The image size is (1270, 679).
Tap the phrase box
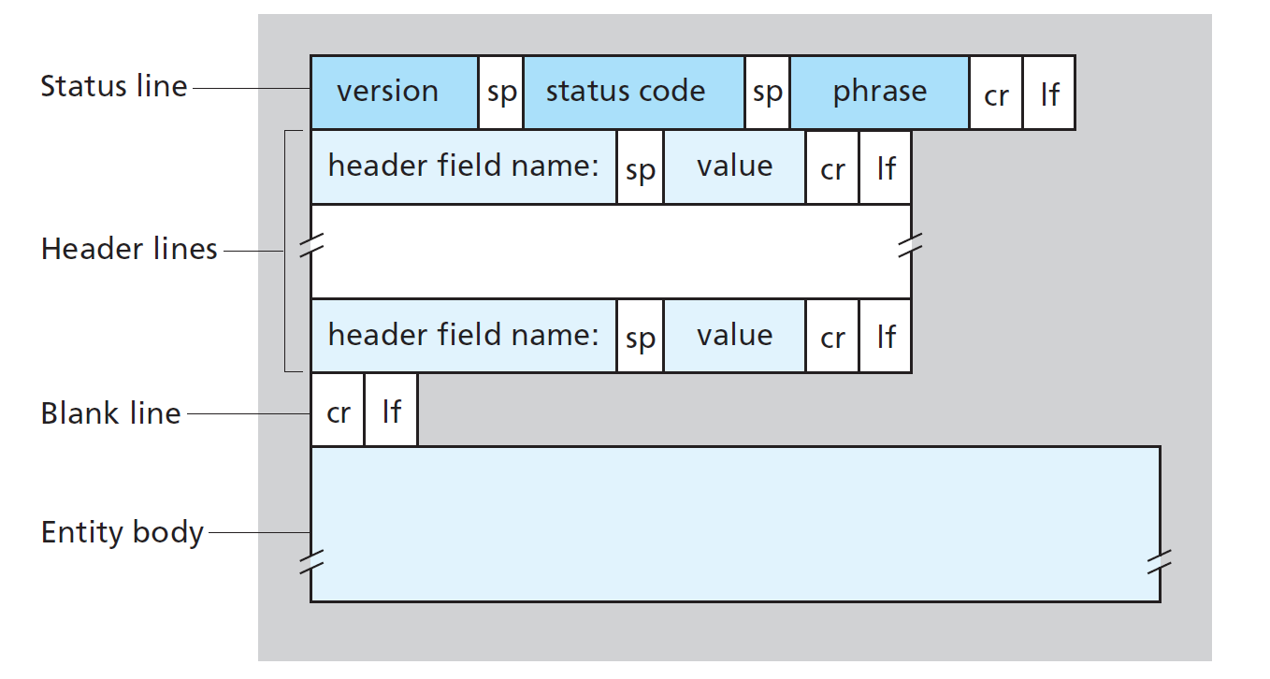click(x=879, y=92)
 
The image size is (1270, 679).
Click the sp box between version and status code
click(x=500, y=93)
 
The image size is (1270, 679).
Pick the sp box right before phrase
click(x=767, y=93)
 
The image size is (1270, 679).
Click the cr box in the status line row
click(x=996, y=93)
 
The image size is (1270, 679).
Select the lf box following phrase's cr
click(x=1049, y=93)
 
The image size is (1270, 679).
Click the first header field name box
click(x=463, y=167)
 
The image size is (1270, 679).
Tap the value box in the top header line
click(x=734, y=167)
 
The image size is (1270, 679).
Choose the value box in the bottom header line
click(x=734, y=336)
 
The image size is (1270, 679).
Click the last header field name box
click(x=463, y=336)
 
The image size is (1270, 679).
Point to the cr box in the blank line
click(x=338, y=411)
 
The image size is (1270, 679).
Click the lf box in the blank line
click(x=391, y=411)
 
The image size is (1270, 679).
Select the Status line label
click(x=113, y=86)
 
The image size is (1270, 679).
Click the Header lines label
click(x=129, y=250)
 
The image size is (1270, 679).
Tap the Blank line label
click(x=110, y=413)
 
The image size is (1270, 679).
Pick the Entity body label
click(x=122, y=532)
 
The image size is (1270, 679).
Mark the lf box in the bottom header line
click(x=886, y=336)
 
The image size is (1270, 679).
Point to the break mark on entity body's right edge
click(x=1160, y=561)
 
